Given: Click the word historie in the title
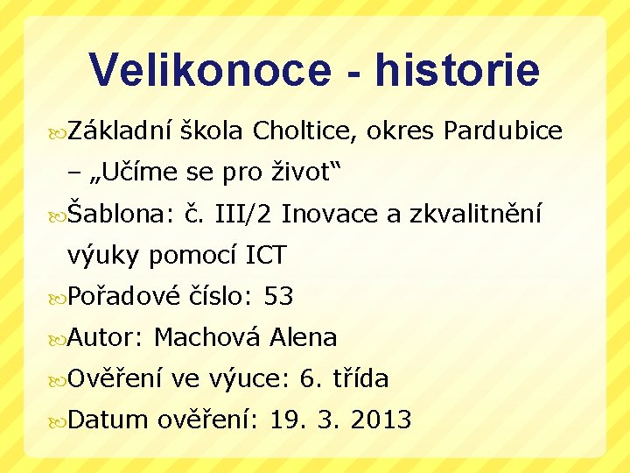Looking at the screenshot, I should [458, 70].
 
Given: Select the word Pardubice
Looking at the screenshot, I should [503, 131].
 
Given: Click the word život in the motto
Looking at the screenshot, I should [296, 173].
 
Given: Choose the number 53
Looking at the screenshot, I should [278, 296].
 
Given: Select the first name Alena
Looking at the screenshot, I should [304, 337].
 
